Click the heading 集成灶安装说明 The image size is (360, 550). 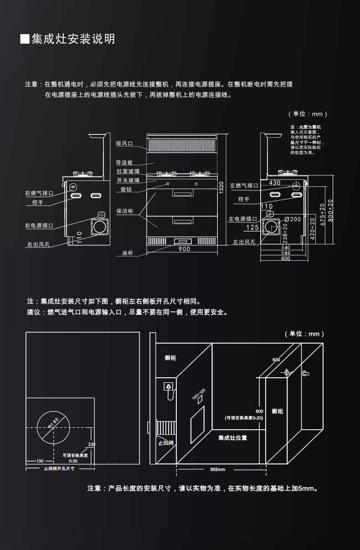tap(73, 39)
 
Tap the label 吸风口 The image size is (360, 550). tap(124, 144)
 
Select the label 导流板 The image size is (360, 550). tap(124, 163)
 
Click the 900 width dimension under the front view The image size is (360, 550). tap(184, 249)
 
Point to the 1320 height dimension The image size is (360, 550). tap(221, 187)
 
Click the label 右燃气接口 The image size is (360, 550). tap(39, 193)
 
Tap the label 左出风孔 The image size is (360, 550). tap(244, 242)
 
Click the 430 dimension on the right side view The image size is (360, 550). tap(275, 182)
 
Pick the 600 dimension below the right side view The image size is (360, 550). tap(286, 259)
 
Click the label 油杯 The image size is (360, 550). tap(127, 253)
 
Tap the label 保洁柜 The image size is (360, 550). tap(124, 211)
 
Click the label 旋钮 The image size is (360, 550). tap(126, 189)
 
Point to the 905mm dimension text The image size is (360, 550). tap(218, 469)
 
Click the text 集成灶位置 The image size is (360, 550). tap(232, 438)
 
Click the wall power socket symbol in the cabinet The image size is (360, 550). tap(168, 386)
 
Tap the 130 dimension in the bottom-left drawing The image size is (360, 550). tap(40, 461)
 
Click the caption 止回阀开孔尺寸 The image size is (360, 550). tap(59, 468)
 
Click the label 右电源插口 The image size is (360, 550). tap(39, 226)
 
